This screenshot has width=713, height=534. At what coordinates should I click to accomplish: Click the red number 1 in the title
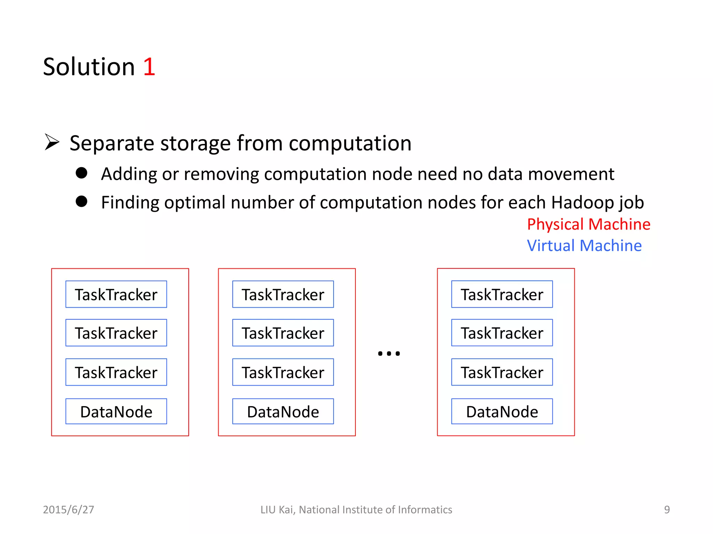point(149,67)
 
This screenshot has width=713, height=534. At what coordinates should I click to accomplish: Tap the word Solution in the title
point(89,67)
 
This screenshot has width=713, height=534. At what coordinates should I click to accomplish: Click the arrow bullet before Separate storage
point(52,143)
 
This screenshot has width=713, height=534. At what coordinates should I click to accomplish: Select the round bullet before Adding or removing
point(81,173)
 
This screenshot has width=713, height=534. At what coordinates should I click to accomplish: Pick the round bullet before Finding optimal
point(81,201)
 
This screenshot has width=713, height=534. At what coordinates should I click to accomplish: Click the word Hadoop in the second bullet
point(582,202)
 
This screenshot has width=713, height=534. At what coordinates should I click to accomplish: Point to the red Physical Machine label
point(588,224)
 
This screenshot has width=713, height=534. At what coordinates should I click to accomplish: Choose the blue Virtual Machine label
point(584,246)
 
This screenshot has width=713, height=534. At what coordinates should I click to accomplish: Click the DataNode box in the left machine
point(116,411)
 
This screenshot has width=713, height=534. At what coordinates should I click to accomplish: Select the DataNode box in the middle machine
point(283,411)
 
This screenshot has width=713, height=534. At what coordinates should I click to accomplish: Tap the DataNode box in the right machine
point(502,411)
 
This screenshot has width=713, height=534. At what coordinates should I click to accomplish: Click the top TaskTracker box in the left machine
point(116,294)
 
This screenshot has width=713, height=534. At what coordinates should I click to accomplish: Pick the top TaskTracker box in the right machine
point(502,294)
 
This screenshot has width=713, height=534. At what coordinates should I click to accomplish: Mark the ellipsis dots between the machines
point(389,354)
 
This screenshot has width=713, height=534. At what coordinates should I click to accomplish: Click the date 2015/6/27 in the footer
point(69,510)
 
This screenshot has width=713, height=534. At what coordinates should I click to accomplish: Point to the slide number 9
point(667,510)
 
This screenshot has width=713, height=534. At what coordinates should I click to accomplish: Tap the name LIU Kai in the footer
point(277,510)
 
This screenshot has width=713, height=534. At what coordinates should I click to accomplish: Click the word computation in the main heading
point(350,143)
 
